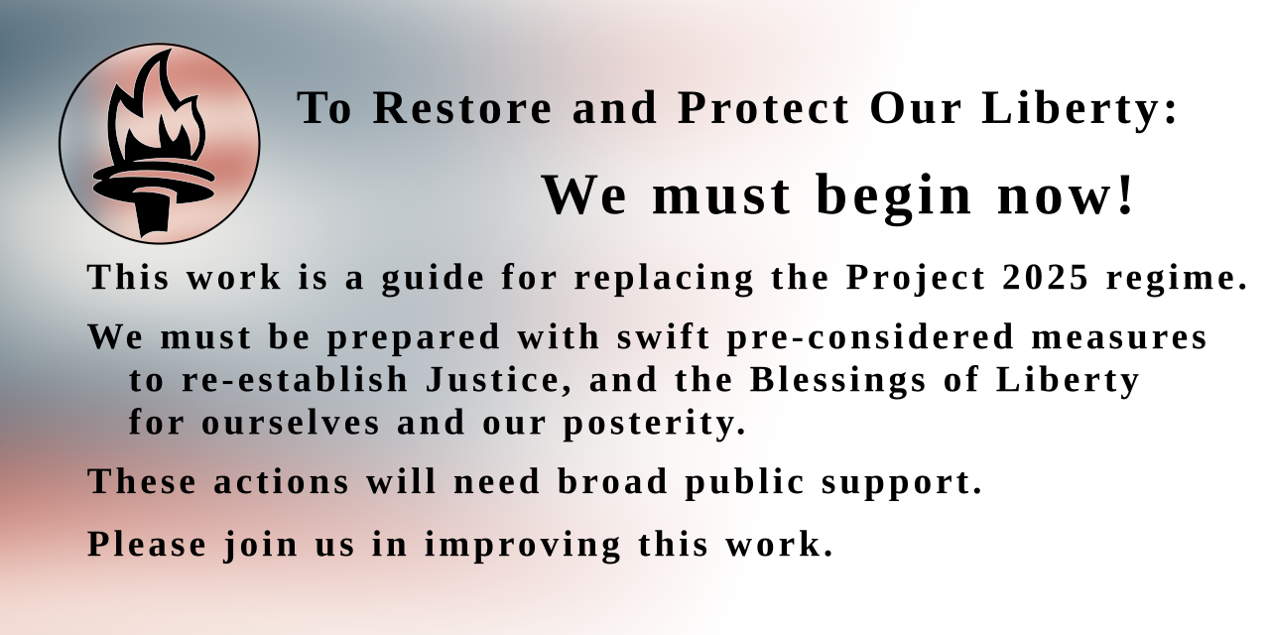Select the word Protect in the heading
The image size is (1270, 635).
764,108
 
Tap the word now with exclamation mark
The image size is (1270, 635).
1066,194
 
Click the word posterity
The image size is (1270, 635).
655,424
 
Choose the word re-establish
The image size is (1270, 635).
295,380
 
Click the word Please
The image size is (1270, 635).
147,545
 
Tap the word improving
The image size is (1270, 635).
523,545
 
